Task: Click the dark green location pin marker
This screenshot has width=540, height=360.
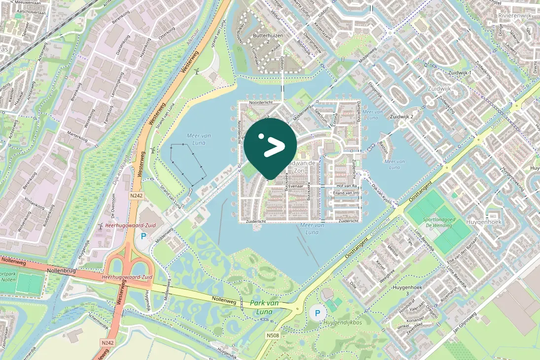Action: click(x=270, y=146)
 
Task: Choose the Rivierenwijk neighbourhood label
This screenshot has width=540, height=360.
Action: click(x=515, y=15)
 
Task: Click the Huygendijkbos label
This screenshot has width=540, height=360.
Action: click(x=342, y=323)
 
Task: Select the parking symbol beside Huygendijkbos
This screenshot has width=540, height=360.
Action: click(x=318, y=312)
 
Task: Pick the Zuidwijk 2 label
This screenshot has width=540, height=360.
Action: click(x=401, y=117)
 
